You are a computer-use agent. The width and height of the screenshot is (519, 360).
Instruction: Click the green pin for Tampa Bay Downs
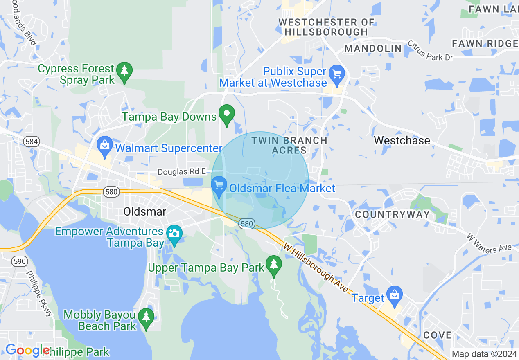[x=226, y=115]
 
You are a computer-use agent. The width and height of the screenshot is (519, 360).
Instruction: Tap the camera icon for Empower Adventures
[x=174, y=234]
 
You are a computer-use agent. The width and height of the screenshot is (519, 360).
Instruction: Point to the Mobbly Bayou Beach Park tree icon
[x=146, y=318]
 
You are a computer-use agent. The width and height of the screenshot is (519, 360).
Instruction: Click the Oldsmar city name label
[x=145, y=211]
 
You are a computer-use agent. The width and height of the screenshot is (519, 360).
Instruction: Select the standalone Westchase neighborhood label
[x=402, y=141]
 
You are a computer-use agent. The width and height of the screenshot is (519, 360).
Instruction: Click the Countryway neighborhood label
[x=393, y=214]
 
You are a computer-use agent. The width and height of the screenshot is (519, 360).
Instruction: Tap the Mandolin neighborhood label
[x=373, y=49]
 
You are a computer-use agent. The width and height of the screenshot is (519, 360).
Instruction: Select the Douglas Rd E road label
[x=182, y=172]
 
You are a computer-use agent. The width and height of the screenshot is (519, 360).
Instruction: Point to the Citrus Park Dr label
[x=431, y=51]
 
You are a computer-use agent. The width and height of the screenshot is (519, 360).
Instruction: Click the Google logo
[x=27, y=350]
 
